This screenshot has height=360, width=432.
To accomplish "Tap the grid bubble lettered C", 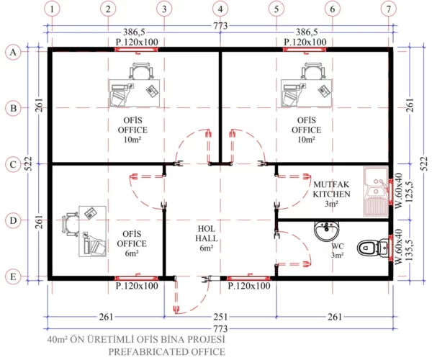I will click(12, 164).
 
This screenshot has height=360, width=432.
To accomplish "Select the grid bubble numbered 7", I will click(389, 9).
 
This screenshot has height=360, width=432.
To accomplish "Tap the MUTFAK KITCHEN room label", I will click(331, 189).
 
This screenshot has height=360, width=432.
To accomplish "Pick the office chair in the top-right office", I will click(311, 71).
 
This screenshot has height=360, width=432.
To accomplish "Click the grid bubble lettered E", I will click(12, 276).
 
